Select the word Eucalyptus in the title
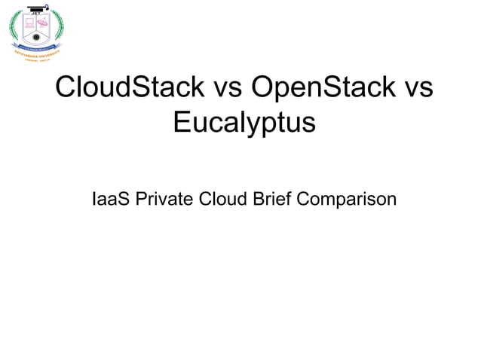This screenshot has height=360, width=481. click(x=244, y=122)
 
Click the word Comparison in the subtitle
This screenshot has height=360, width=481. click(x=346, y=200)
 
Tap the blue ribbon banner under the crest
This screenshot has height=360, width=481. click(x=37, y=47)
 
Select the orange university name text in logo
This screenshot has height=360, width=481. click(x=35, y=53)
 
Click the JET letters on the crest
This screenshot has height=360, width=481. click(x=37, y=12)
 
